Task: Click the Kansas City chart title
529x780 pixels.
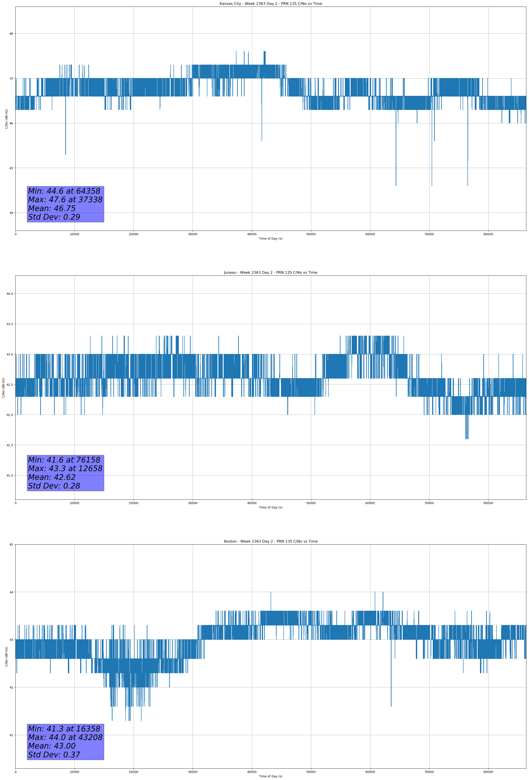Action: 270,4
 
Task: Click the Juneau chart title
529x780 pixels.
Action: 270,273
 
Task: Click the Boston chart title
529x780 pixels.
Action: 270,541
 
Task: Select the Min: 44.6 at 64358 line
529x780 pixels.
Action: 64,191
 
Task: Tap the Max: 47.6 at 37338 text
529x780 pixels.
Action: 65,200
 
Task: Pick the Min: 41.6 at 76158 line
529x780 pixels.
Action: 64,460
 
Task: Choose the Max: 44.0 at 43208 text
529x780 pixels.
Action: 65,737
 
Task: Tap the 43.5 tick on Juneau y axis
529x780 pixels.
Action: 10,324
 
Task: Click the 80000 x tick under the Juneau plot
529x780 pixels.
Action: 488,503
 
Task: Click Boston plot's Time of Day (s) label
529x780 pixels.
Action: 270,776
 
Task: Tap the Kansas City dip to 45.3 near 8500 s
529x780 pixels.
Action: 65,153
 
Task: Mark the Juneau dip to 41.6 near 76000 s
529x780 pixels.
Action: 467,438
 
